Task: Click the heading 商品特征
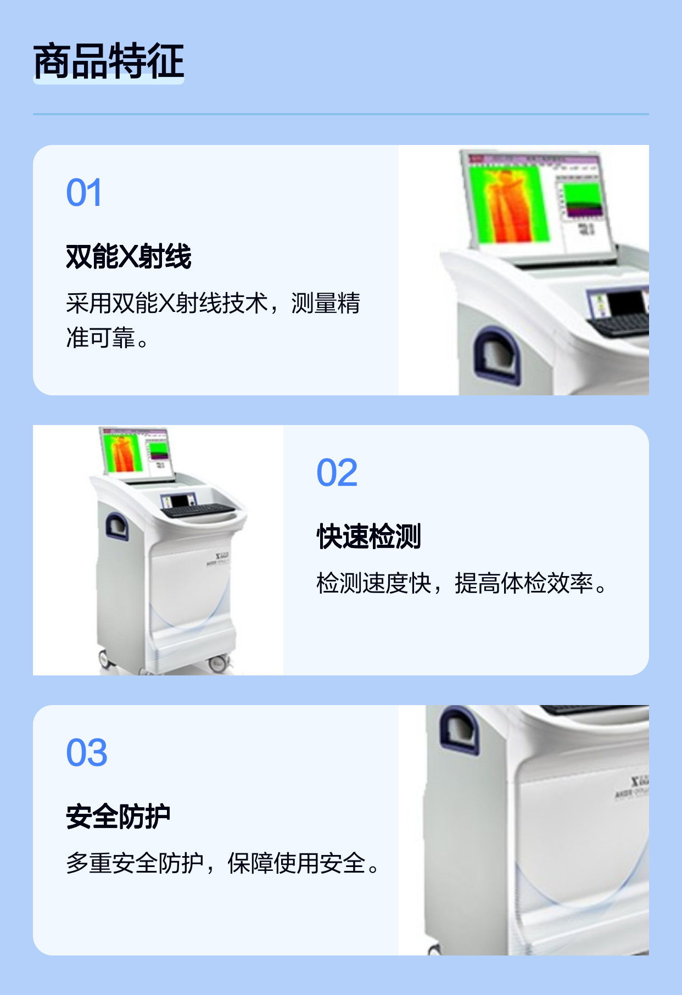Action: [108, 61]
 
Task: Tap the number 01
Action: [84, 193]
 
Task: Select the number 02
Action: [337, 473]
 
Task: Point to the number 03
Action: [87, 753]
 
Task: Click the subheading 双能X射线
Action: [128, 256]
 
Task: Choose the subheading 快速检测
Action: [369, 536]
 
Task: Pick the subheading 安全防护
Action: [118, 817]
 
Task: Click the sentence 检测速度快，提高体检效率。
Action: [462, 583]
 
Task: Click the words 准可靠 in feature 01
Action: [100, 338]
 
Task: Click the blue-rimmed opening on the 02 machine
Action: [117, 526]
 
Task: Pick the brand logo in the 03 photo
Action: [634, 786]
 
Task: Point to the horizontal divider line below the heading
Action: [341, 114]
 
